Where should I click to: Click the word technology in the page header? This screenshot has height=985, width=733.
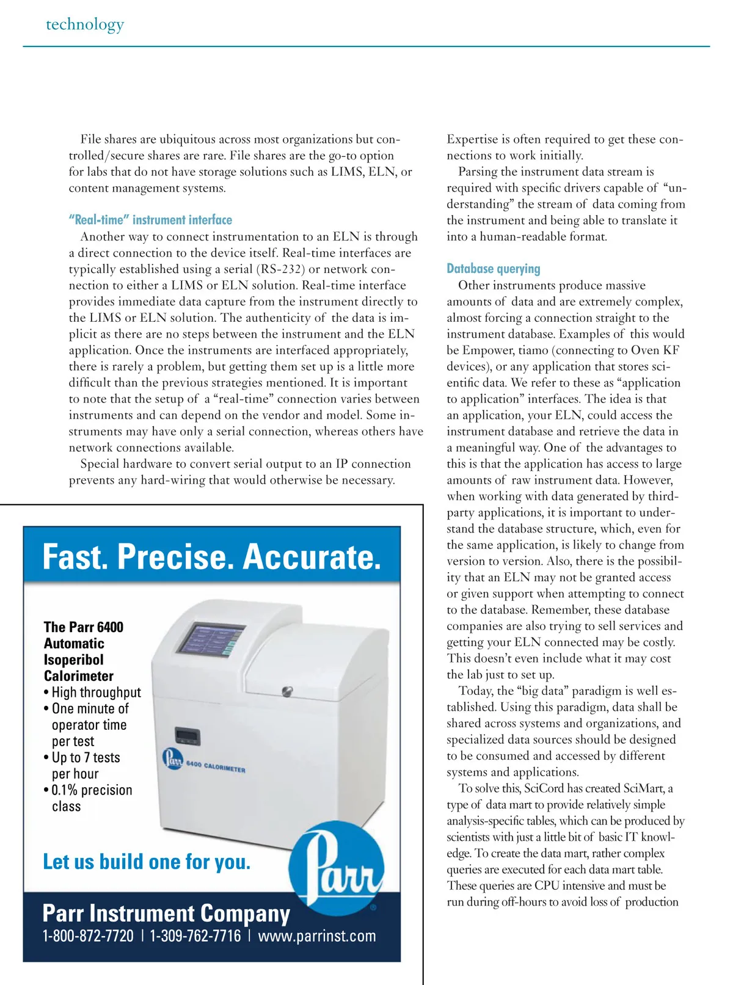pos(85,24)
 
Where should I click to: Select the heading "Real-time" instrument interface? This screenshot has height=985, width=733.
pos(150,220)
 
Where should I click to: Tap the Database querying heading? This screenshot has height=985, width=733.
pos(494,269)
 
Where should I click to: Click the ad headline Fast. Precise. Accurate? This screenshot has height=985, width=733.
pos(211,557)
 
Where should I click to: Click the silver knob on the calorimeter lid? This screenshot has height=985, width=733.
pos(287,691)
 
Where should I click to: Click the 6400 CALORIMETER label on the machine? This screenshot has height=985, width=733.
pos(215,766)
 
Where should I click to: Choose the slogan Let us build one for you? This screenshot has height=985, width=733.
pos(147,862)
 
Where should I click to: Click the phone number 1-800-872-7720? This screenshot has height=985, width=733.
pos(88,936)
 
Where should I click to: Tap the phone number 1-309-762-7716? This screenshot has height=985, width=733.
pos(195,936)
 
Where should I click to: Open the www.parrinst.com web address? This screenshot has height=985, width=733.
pos(317,936)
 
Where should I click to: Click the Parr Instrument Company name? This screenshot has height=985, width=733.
pos(166,913)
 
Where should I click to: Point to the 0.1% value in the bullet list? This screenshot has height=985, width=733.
pos(64,790)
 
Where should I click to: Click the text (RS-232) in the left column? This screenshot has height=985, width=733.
pos(280,269)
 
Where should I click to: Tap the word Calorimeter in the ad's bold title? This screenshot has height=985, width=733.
pos(79,676)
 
